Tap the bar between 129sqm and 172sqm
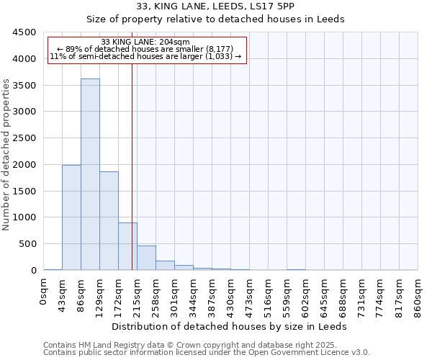[x=109, y=220]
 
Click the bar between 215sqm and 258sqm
[x=146, y=258]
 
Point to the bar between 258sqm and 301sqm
[x=165, y=265]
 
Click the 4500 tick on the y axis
[x=24, y=32]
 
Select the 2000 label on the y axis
[x=24, y=165]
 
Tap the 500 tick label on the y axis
[x=27, y=244]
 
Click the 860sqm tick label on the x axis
[x=418, y=296]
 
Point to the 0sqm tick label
[x=44, y=292]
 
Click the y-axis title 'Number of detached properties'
[x=7, y=155]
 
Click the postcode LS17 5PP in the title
[x=274, y=6]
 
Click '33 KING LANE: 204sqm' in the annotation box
[x=145, y=42]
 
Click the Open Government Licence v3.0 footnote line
[x=207, y=352]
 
